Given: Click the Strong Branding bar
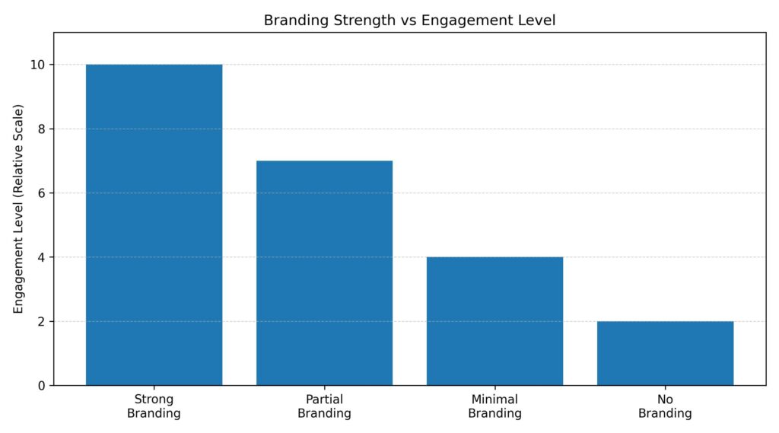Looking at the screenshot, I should point(154,224).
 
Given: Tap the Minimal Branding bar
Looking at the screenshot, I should point(494,320).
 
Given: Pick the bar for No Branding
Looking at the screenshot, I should point(665,353).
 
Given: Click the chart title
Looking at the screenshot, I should point(409,21).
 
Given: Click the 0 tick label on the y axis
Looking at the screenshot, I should point(41,386).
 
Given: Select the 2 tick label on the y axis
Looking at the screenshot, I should point(41,322).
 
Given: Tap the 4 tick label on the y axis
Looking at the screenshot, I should point(41,257).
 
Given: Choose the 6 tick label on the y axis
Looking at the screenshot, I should point(41,193).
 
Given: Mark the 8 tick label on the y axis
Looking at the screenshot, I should point(41,129).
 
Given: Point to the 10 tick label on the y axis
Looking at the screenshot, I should point(38,65).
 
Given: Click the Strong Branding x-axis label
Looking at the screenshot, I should point(154,406).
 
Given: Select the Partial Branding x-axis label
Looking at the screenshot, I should point(324,406).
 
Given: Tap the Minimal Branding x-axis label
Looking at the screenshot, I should point(494,406).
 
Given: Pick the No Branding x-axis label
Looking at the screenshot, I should point(665,406).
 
